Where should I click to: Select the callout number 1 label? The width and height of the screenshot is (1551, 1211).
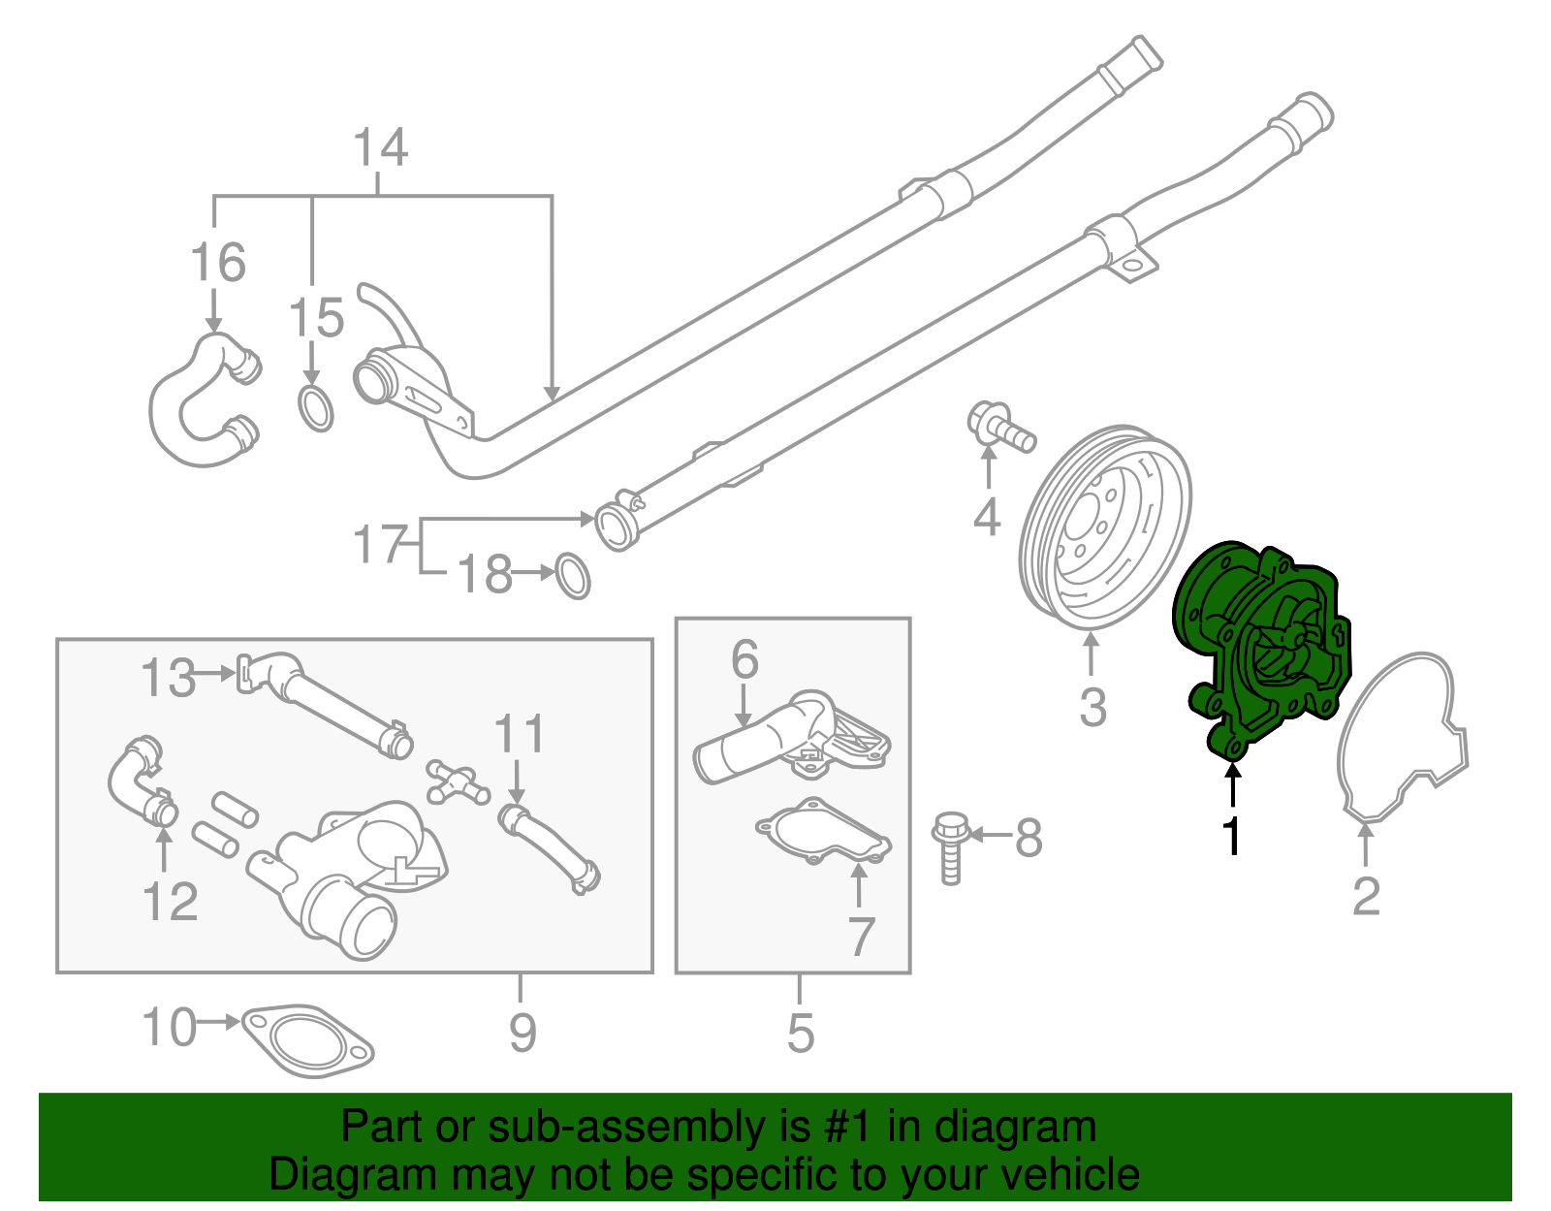1232,837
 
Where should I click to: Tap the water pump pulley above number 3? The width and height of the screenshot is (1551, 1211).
1105,528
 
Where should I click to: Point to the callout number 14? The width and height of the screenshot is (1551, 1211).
380,148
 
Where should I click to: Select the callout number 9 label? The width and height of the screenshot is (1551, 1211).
522,1033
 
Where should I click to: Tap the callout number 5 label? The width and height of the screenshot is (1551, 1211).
800,1033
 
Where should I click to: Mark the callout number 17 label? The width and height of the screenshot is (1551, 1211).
380,545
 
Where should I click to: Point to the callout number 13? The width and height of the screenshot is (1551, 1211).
169,678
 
